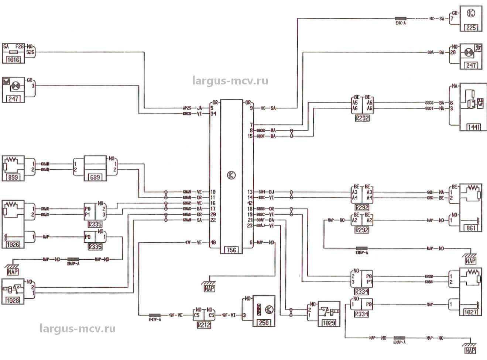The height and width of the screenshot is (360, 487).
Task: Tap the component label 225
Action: coord(471,27)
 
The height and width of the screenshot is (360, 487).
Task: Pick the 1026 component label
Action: coord(13,244)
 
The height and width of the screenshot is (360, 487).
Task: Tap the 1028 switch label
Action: coord(13,301)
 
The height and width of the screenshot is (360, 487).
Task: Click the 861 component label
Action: coord(471,228)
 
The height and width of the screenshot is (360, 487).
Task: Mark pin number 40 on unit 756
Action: coord(213,242)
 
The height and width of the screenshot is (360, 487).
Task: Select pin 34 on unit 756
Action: coord(213,114)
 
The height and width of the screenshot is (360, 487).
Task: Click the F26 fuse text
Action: coord(20,47)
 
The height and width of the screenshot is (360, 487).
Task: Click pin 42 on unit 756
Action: coord(250,203)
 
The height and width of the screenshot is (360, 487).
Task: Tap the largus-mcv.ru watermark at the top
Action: coord(230,81)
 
